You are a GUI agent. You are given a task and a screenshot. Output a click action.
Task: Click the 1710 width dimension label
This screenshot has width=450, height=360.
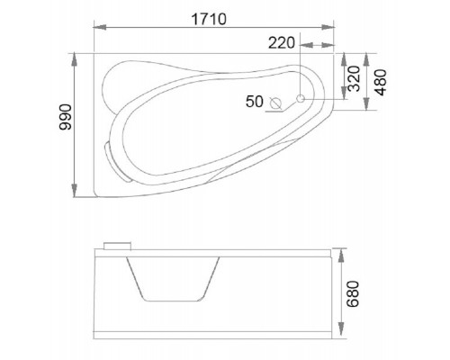pyautogui.click(x=209, y=19)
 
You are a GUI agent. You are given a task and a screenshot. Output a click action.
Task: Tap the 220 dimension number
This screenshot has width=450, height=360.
pyautogui.click(x=282, y=43)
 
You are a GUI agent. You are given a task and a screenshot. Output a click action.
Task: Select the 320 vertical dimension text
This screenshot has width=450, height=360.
pyautogui.click(x=354, y=78)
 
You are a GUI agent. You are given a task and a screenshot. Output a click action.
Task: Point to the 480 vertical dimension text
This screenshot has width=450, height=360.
pyautogui.click(x=381, y=82)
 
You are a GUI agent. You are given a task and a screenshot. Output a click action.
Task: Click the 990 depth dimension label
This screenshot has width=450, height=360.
pyautogui.click(x=66, y=117)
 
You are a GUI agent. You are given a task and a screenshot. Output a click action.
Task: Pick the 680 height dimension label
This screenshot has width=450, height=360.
pyautogui.click(x=353, y=294)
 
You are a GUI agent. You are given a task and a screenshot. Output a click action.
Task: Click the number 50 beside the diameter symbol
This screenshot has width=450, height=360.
pyautogui.click(x=255, y=102)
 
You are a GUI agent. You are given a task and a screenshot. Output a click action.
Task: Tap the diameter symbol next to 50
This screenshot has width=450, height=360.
pyautogui.click(x=275, y=103)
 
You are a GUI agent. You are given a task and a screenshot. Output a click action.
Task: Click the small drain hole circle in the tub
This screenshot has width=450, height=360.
pyautogui.click(x=301, y=98)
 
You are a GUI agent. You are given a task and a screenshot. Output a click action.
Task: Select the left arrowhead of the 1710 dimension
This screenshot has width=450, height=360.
pyautogui.click(x=100, y=27)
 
